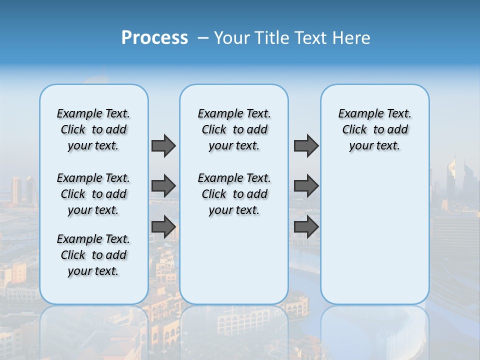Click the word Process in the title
pyautogui.click(x=154, y=38)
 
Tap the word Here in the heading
pyautogui.click(x=351, y=38)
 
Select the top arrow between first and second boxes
pyautogui.click(x=163, y=145)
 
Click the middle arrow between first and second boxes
pyautogui.click(x=163, y=186)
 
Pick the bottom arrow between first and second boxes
pyautogui.click(x=163, y=227)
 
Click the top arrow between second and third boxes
pyautogui.click(x=306, y=145)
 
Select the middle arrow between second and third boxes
pyautogui.click(x=306, y=186)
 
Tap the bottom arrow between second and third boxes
pyautogui.click(x=306, y=227)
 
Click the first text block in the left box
pyautogui.click(x=93, y=129)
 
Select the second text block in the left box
pyautogui.click(x=93, y=194)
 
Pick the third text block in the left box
pyautogui.click(x=93, y=255)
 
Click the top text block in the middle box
pyautogui.click(x=234, y=129)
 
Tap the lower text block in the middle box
pyautogui.click(x=234, y=194)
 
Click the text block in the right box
pyautogui.click(x=375, y=129)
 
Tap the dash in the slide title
pyautogui.click(x=203, y=38)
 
